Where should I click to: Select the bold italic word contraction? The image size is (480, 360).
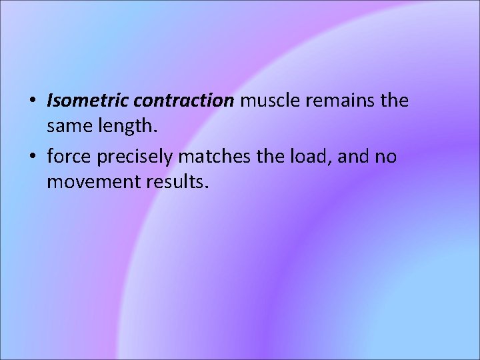pos(183,101)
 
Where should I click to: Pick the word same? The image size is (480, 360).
pos(68,127)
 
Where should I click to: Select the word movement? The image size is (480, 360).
pos(90,181)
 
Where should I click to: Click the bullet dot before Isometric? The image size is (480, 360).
pos(33,103)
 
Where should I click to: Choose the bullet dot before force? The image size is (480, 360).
pos(33,157)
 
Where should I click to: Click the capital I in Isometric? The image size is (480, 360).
pos(50,101)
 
